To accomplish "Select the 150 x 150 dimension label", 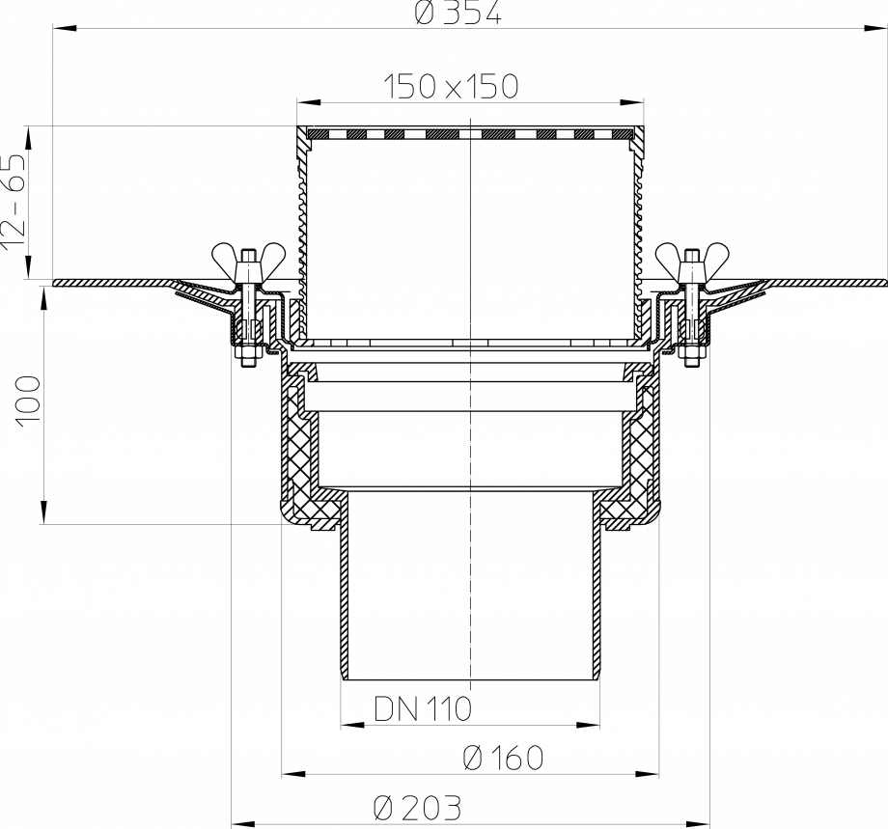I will pyautogui.click(x=451, y=87).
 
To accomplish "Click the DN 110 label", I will pyautogui.click(x=421, y=710).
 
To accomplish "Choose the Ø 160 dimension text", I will pyautogui.click(x=503, y=759).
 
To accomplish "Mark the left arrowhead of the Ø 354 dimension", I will pyautogui.click(x=60, y=30).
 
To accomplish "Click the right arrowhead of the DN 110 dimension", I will pyautogui.click(x=591, y=724).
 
